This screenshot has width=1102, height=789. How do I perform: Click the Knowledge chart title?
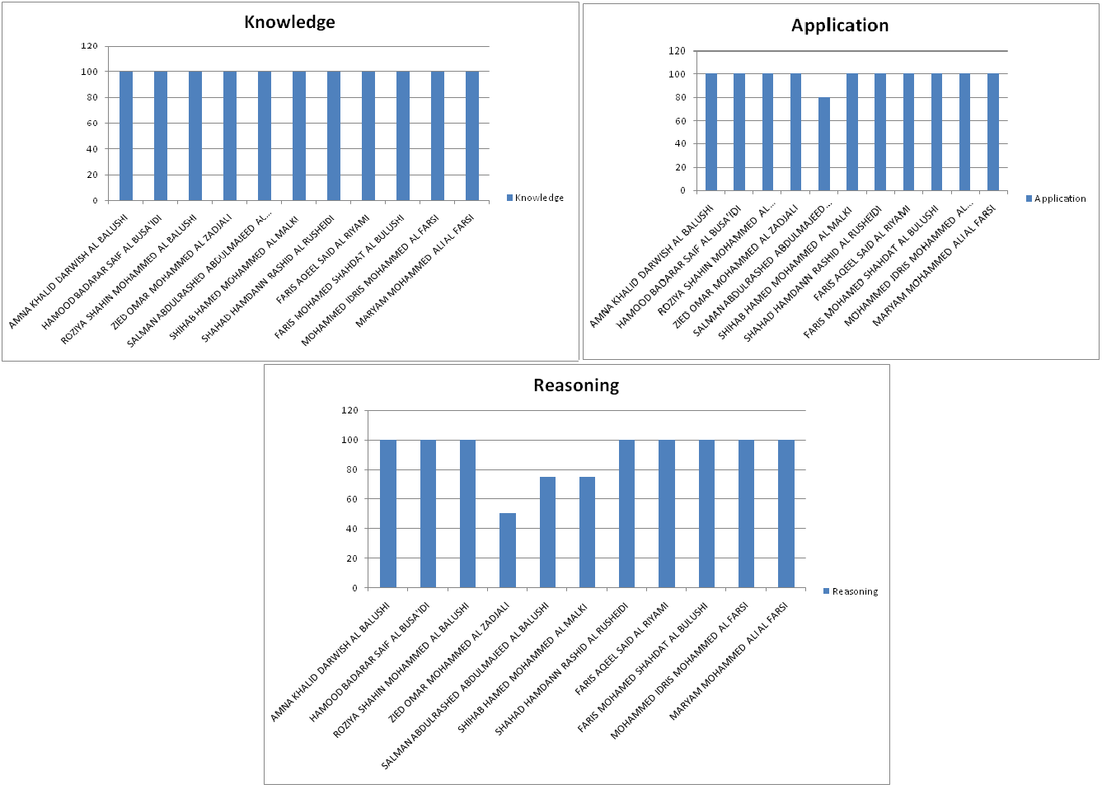coord(289,22)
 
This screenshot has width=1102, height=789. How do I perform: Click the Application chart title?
coord(840,26)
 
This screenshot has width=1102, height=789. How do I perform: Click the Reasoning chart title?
coord(576,385)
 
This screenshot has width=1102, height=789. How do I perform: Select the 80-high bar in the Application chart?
coord(824,144)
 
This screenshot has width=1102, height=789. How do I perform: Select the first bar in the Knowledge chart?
coord(126,136)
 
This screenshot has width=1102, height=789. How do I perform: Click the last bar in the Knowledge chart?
coord(472,136)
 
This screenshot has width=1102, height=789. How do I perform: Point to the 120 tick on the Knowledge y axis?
coord(89,46)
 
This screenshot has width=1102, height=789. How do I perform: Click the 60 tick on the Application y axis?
coord(680,121)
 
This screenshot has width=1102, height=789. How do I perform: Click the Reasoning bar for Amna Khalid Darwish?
coord(388,514)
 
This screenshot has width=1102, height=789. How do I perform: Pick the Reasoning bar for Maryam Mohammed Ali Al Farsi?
coord(786,514)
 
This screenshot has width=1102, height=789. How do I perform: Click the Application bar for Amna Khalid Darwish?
coord(711,133)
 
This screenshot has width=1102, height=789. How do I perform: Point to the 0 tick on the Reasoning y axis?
coord(354,588)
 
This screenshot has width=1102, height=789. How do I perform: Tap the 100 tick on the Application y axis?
coord(677,74)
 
